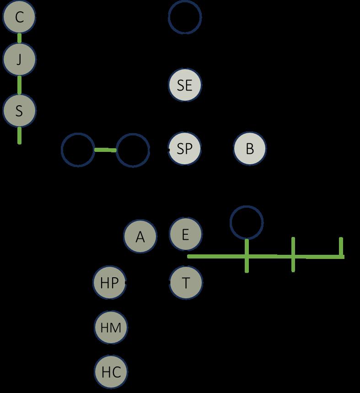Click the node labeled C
tap(19, 17)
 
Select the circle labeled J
tap(19, 59)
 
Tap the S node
tap(19, 111)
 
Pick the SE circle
tap(185, 85)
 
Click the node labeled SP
tap(185, 149)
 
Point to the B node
tap(250, 149)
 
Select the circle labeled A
tap(140, 237)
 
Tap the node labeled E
tap(185, 234)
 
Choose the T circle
tap(186, 283)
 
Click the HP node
tap(109, 283)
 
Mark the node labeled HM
tap(111, 328)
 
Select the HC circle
tap(111, 372)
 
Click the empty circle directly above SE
tap(185, 17)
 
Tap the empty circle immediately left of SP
tap(133, 150)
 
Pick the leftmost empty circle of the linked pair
tap(78, 150)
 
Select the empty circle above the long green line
tap(247, 223)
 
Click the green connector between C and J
tap(19, 38)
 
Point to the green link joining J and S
tap(19, 85)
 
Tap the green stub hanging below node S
tap(19, 135)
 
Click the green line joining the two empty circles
tap(105, 150)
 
